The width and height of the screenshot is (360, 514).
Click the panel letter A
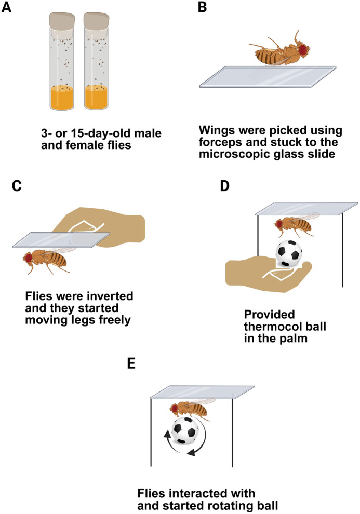coord(6,7)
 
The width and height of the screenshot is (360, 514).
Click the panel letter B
coord(203,7)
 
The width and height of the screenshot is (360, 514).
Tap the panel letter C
coord(17,185)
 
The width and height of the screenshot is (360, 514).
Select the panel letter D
coord(224,185)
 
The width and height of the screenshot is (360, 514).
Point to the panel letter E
coord(131,363)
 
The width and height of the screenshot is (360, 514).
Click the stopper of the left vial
coord(62,20)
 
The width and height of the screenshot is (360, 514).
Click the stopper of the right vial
coord(97,20)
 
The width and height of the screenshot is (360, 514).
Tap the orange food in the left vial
coord(62,98)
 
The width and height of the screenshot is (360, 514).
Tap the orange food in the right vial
coord(97,98)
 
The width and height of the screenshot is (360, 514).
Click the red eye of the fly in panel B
coord(303,49)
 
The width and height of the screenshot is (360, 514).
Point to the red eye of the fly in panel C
coord(29,258)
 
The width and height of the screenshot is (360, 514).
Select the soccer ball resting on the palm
coord(289,254)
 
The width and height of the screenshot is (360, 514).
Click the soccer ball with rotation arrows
coord(185,431)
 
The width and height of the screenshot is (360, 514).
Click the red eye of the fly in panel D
coord(279,224)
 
